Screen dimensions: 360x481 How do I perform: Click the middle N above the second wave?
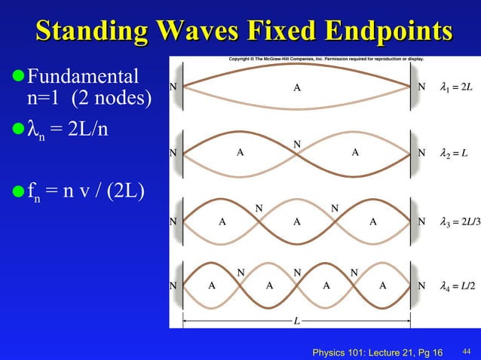point(297,142)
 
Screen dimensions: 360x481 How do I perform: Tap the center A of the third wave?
point(297,222)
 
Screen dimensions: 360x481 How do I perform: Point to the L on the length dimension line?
point(297,321)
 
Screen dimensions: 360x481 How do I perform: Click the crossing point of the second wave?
point(297,154)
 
